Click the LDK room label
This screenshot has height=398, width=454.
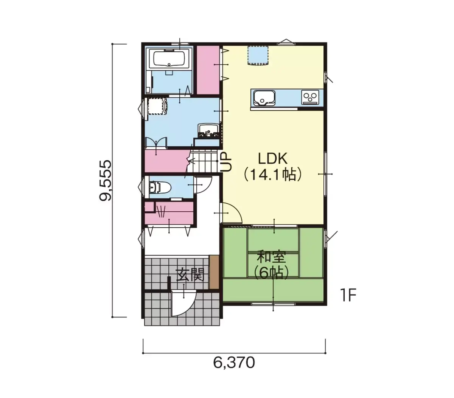(272, 159)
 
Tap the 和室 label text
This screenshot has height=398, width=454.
(271, 257)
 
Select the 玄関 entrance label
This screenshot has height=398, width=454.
(190, 275)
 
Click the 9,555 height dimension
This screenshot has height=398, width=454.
(105, 180)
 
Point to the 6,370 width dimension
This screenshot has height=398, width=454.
(234, 363)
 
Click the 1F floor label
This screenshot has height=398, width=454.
(348, 295)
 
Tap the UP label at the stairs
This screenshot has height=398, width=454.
(226, 162)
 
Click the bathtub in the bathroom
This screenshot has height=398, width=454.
(169, 59)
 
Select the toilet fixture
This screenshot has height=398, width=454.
(160, 187)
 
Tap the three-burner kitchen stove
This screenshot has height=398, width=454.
(310, 97)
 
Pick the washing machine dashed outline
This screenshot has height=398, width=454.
(157, 106)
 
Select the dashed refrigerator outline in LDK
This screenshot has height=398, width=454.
(258, 56)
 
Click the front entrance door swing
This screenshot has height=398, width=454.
(183, 303)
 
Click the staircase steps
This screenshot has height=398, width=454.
(203, 161)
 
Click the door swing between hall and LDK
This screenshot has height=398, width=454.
(232, 213)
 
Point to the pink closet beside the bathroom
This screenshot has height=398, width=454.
(208, 70)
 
